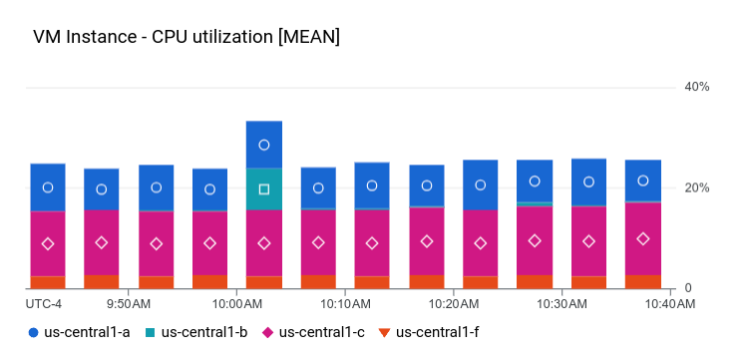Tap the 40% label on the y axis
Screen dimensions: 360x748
pyautogui.click(x=696, y=88)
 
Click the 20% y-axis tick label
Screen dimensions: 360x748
pyautogui.click(x=696, y=188)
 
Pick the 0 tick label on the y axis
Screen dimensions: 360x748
pyautogui.click(x=687, y=289)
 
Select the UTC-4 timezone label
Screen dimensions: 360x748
pyautogui.click(x=44, y=304)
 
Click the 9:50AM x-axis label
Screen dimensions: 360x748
pyautogui.click(x=129, y=304)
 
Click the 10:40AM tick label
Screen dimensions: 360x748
pyautogui.click(x=666, y=304)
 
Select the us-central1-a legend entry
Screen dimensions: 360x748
pyautogui.click(x=83, y=331)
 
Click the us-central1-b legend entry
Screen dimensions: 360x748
pyautogui.click(x=199, y=331)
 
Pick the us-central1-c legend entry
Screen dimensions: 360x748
pyautogui.click(x=317, y=331)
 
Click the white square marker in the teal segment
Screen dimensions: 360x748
pyautogui.click(x=264, y=188)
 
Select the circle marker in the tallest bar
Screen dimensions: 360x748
pyautogui.click(x=264, y=145)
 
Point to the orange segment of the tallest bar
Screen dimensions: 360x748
pyautogui.click(x=264, y=282)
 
